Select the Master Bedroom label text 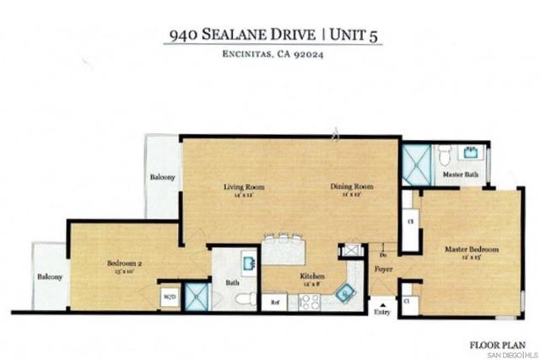(x=472, y=250)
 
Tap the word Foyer (x=384, y=270)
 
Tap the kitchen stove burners (x=309, y=302)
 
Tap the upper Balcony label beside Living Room (x=163, y=178)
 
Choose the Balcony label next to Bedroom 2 (x=50, y=277)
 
